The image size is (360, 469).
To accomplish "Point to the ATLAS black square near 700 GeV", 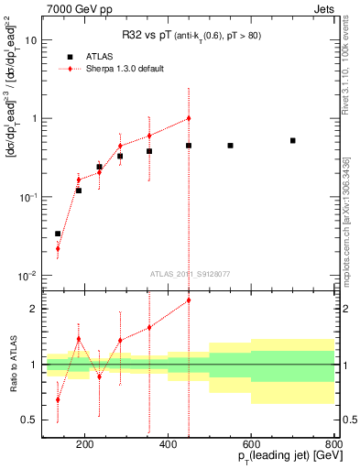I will pyautogui.click(x=292, y=140).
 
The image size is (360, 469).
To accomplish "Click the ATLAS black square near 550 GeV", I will pyautogui.click(x=230, y=146).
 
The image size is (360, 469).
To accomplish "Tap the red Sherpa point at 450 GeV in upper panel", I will pyautogui.click(x=189, y=118).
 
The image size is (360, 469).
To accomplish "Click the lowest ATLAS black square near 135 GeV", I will pyautogui.click(x=58, y=234).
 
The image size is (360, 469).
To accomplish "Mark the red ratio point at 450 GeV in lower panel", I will pyautogui.click(x=189, y=300).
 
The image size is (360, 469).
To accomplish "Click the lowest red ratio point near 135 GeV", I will pyautogui.click(x=58, y=399).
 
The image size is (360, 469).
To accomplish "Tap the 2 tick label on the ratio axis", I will pyautogui.click(x=34, y=309).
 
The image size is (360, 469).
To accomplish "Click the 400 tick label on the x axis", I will pyautogui.click(x=168, y=446).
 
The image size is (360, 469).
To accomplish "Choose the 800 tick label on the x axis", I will pyautogui.click(x=333, y=446).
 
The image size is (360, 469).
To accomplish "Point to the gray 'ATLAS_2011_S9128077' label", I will pyautogui.click(x=189, y=272).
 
